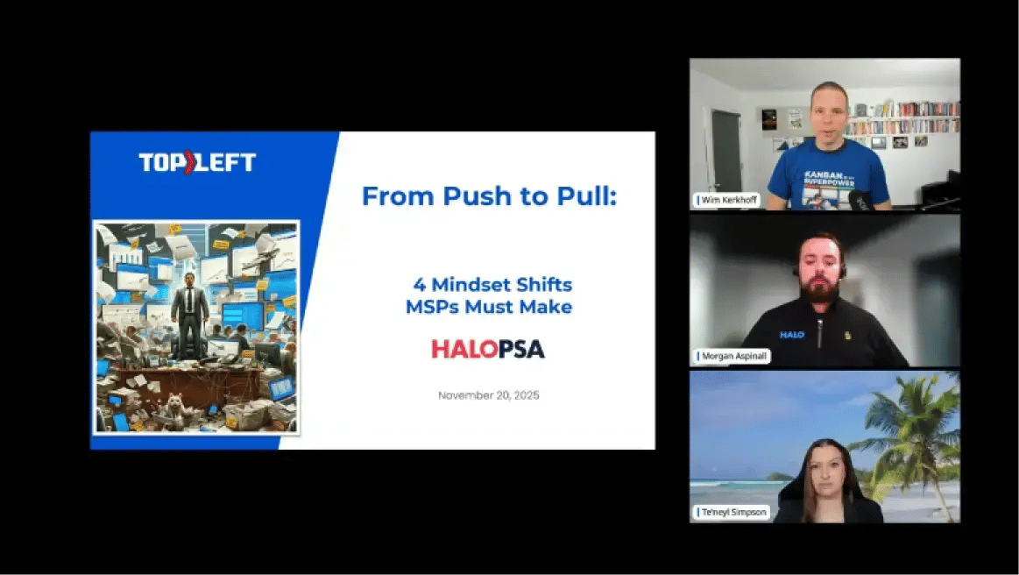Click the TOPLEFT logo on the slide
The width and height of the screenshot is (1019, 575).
[x=197, y=162]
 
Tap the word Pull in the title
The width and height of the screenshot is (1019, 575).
[x=584, y=196]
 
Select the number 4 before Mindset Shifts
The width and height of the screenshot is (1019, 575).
[x=418, y=285]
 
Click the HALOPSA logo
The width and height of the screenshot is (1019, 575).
[x=488, y=349]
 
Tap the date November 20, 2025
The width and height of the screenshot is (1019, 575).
[x=488, y=395]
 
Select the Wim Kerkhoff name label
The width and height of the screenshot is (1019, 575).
[x=727, y=200]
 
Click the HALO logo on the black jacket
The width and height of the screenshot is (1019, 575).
[x=792, y=334]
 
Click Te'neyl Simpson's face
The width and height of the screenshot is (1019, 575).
[x=824, y=474]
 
